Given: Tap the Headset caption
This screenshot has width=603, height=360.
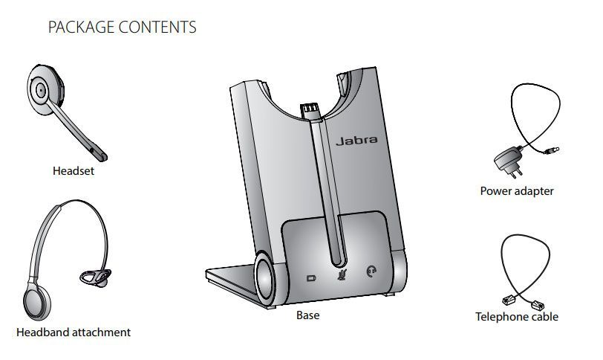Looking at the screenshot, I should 74,171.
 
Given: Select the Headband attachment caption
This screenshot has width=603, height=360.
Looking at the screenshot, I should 74,332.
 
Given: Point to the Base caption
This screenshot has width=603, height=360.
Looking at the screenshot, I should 307,315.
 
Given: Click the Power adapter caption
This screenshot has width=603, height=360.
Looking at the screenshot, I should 517,191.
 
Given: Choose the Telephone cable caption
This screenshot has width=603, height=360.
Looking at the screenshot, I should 517,317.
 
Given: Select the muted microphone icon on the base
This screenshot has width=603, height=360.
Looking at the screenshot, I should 342,273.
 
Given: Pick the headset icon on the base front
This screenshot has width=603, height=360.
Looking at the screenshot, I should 371,272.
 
